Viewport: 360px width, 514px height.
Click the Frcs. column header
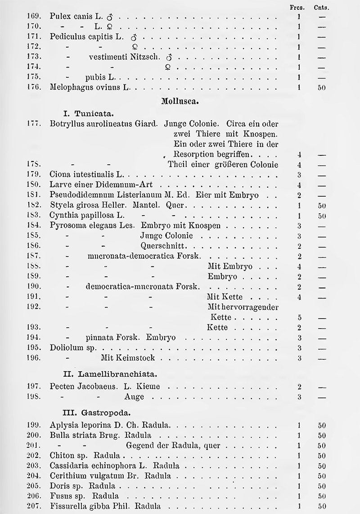coord(299,7)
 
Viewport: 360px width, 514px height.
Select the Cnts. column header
coord(321,7)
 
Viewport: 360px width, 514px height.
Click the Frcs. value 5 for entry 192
coord(299,317)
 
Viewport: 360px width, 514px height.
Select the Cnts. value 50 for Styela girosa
coord(321,205)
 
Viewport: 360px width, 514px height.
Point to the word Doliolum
coord(65,348)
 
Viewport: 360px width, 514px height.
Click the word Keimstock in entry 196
coord(138,358)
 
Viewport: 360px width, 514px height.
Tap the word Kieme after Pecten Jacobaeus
coord(148,386)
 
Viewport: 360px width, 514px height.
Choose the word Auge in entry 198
coord(134,397)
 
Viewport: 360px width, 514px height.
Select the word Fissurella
coord(67,506)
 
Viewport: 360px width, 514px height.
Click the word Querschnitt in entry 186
coord(161,246)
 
